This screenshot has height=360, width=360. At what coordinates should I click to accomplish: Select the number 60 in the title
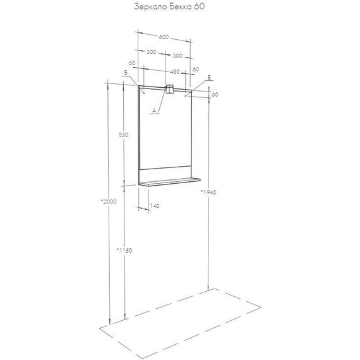click(200, 8)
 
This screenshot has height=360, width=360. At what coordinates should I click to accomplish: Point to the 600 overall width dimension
click(164, 37)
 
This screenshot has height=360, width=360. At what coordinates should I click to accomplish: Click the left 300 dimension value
click(152, 52)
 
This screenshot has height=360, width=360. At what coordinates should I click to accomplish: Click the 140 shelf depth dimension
click(155, 206)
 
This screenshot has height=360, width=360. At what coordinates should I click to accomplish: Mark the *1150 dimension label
click(124, 250)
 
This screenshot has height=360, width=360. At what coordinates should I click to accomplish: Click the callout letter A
click(153, 111)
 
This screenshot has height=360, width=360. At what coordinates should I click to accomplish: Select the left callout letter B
click(126, 74)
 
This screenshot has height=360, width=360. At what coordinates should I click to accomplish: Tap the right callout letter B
click(209, 77)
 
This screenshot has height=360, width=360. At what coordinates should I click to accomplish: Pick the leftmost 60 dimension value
click(131, 63)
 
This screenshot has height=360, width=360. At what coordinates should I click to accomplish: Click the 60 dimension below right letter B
click(215, 94)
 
